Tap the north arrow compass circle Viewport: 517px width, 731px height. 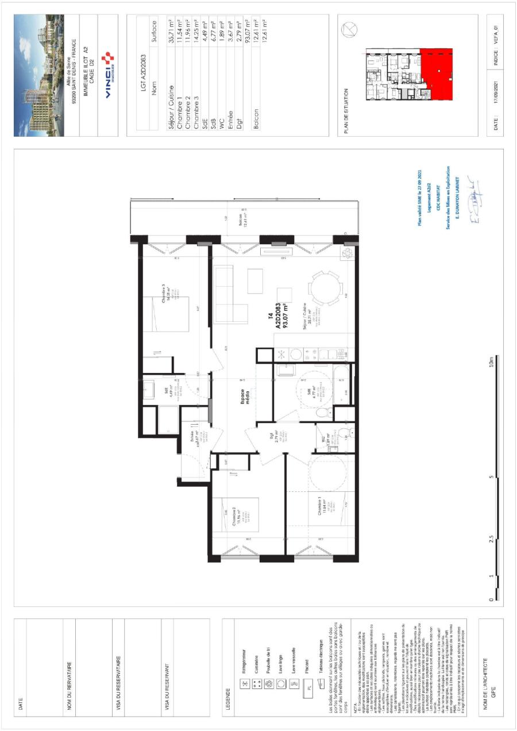click(x=347, y=32)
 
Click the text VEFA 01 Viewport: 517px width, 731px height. click(x=497, y=34)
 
